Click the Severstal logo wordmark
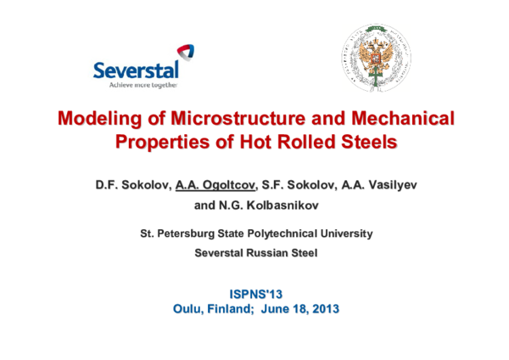pyautogui.click(x=136, y=70)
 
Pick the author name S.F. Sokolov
pyautogui.click(x=299, y=183)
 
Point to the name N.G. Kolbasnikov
pyautogui.click(x=268, y=205)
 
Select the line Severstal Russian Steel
pyautogui.click(x=255, y=252)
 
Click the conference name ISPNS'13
pyautogui.click(x=255, y=294)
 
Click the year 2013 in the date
pyautogui.click(x=322, y=309)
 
